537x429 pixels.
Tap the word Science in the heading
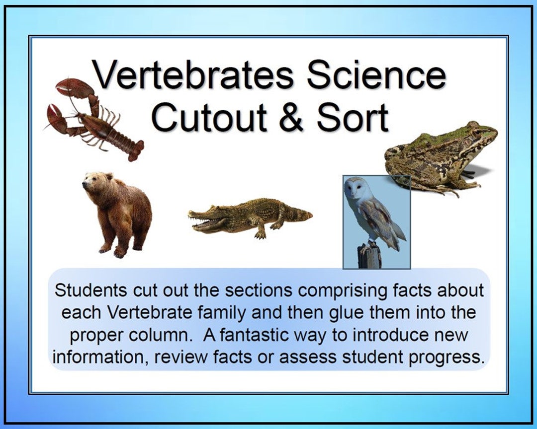[376, 75]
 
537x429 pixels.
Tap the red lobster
[94, 119]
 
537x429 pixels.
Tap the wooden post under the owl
[368, 255]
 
